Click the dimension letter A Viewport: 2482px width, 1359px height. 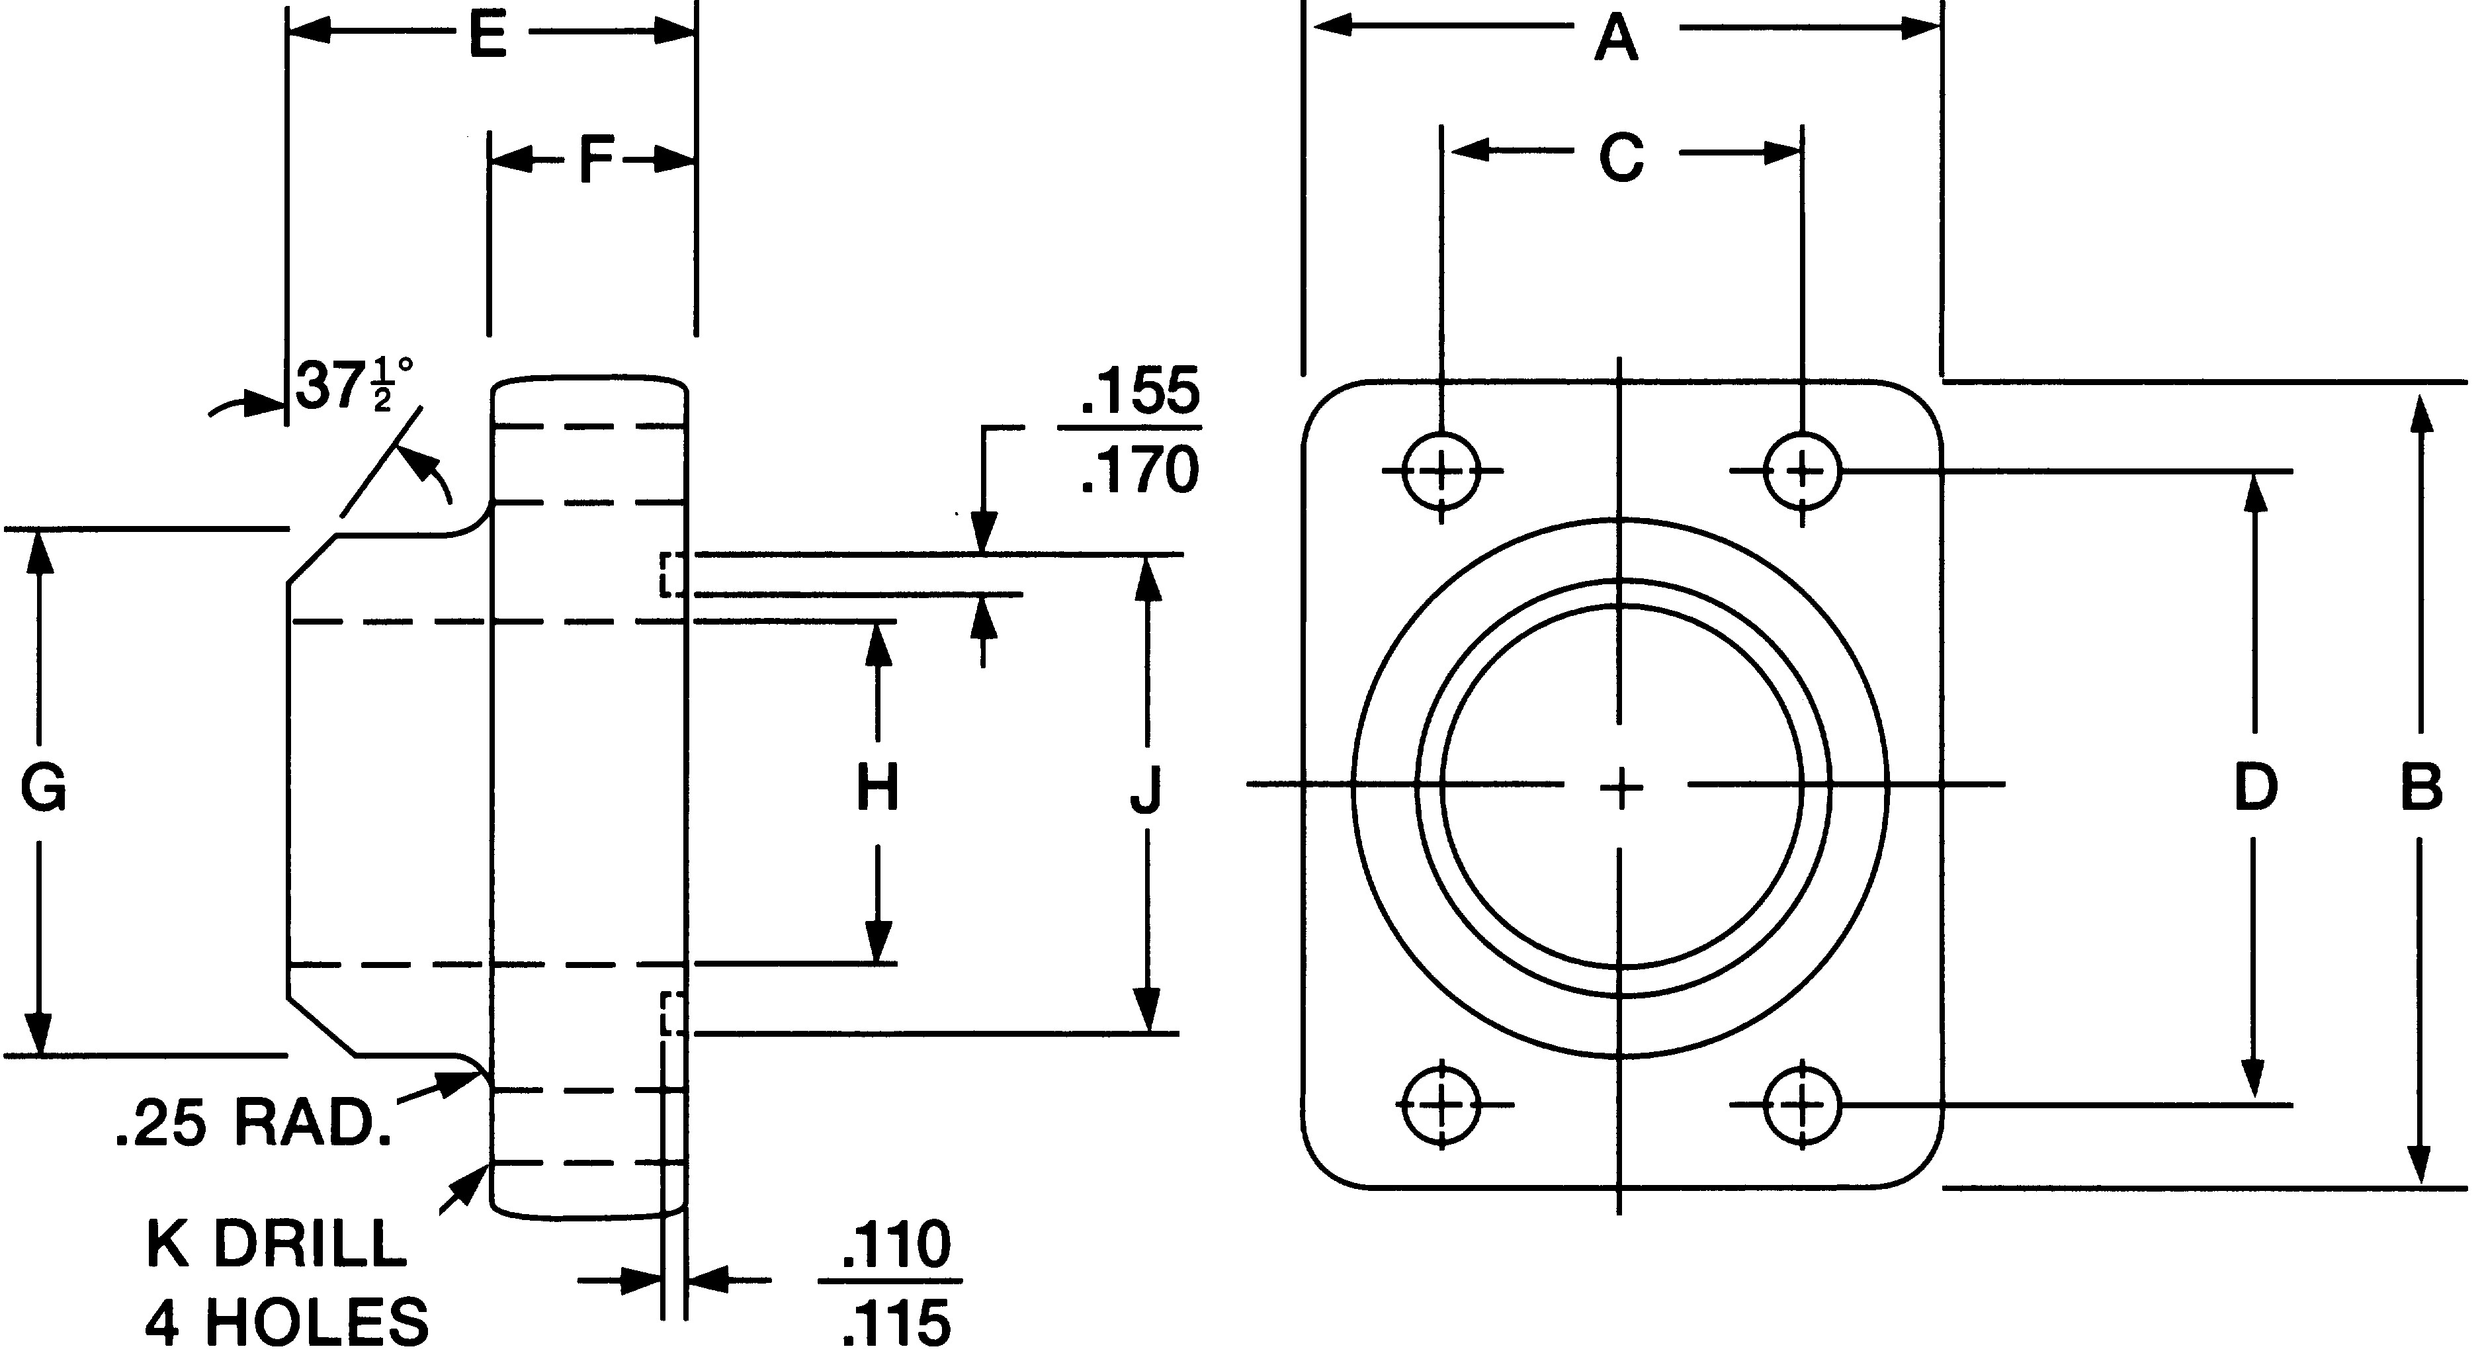coord(1616,40)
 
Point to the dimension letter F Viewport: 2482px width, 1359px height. coord(597,161)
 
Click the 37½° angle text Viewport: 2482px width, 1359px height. coord(353,386)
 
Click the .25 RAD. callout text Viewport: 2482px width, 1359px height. coord(253,1125)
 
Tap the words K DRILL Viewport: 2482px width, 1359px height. coord(277,1243)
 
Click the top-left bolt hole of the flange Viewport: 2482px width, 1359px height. coord(1441,471)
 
